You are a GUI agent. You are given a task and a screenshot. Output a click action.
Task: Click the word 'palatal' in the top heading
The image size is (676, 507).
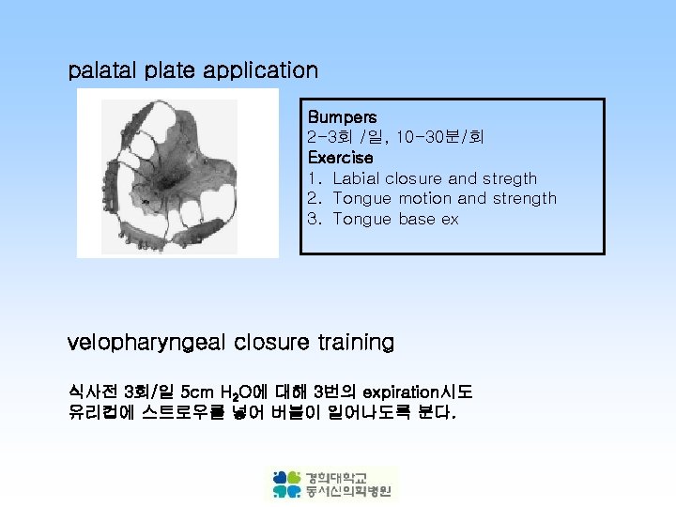[x=102, y=70]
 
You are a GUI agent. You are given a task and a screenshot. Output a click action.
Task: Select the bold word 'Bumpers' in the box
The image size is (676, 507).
[x=342, y=117]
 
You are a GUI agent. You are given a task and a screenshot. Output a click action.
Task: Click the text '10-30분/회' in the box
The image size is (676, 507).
[x=440, y=138]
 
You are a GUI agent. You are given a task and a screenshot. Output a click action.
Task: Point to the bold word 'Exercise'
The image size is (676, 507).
[x=340, y=158]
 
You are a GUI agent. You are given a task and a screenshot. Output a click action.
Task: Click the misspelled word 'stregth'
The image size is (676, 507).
[x=509, y=178]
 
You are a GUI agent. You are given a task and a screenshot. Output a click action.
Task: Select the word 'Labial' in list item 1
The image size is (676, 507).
[x=356, y=178]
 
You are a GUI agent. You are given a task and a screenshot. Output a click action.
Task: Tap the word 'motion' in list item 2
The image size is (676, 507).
[x=424, y=199]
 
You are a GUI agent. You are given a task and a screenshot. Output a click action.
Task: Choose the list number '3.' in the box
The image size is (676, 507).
[x=315, y=220]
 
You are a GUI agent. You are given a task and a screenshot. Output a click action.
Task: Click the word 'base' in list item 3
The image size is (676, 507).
[x=416, y=220]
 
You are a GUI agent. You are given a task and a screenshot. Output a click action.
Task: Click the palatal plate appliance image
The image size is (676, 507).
[x=177, y=173]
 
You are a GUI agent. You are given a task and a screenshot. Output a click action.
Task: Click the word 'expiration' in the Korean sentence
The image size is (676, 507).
[x=395, y=392]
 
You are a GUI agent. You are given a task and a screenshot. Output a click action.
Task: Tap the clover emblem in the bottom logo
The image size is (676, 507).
[x=286, y=484]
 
